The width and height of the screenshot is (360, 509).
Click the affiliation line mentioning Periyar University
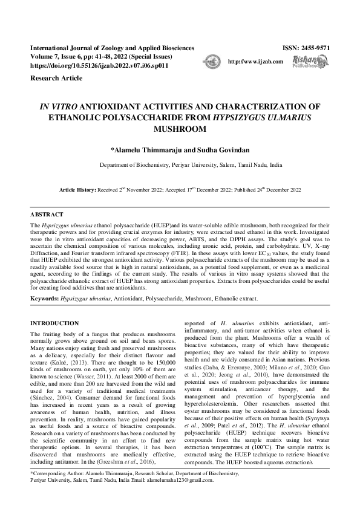191,164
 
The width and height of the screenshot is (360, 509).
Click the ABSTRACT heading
47,215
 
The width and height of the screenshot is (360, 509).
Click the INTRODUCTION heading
54,323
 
